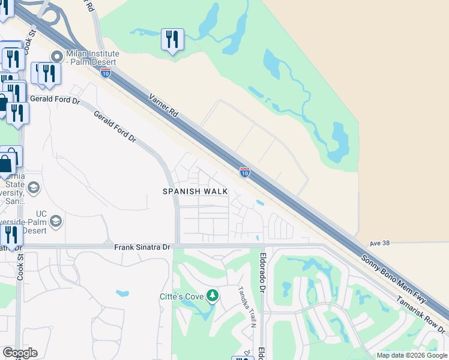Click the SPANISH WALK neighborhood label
pos(196,191)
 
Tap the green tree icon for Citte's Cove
pos(212,295)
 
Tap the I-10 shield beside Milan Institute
pos(106,73)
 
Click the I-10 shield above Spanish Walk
pos(245,173)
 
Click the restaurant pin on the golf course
pos(172,40)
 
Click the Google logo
pos(20,353)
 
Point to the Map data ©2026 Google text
pos(411,355)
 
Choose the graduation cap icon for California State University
pos(33,188)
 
